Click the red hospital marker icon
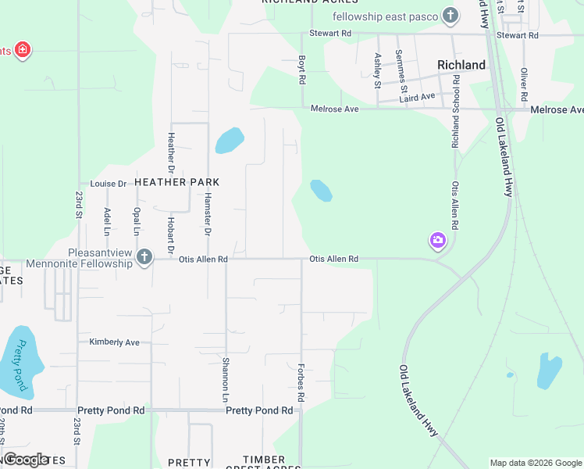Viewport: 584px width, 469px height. (x=23, y=51)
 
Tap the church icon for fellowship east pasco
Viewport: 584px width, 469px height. (x=450, y=16)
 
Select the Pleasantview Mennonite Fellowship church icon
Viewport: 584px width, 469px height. (x=144, y=256)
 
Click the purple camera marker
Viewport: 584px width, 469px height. (x=437, y=241)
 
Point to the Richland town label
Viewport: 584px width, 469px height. (x=461, y=65)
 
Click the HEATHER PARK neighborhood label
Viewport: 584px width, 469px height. (x=176, y=182)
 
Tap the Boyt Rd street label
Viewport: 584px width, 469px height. (x=301, y=69)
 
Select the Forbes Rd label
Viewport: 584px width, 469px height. (x=301, y=381)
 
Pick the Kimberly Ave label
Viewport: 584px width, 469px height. (x=114, y=342)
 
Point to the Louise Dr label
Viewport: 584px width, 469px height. (x=108, y=184)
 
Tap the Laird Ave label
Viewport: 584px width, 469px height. (x=417, y=97)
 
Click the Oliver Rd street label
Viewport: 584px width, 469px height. (x=524, y=82)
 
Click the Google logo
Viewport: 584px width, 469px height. (x=26, y=459)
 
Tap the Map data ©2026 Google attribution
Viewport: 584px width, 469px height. (x=535, y=463)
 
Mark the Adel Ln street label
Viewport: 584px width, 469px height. (x=107, y=221)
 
